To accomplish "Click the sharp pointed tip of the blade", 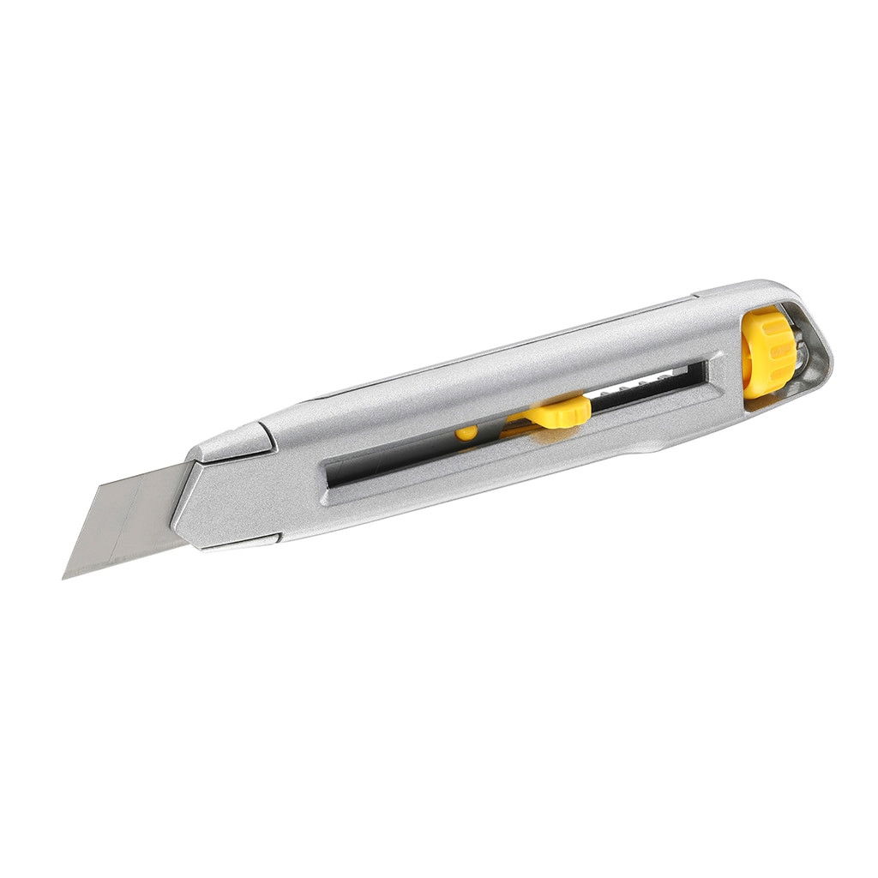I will (64, 577).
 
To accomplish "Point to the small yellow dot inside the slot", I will (466, 433).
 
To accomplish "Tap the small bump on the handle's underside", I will (652, 444).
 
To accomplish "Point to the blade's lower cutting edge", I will (120, 557).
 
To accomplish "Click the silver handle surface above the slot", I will (514, 369).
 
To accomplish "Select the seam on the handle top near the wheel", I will (696, 298).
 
